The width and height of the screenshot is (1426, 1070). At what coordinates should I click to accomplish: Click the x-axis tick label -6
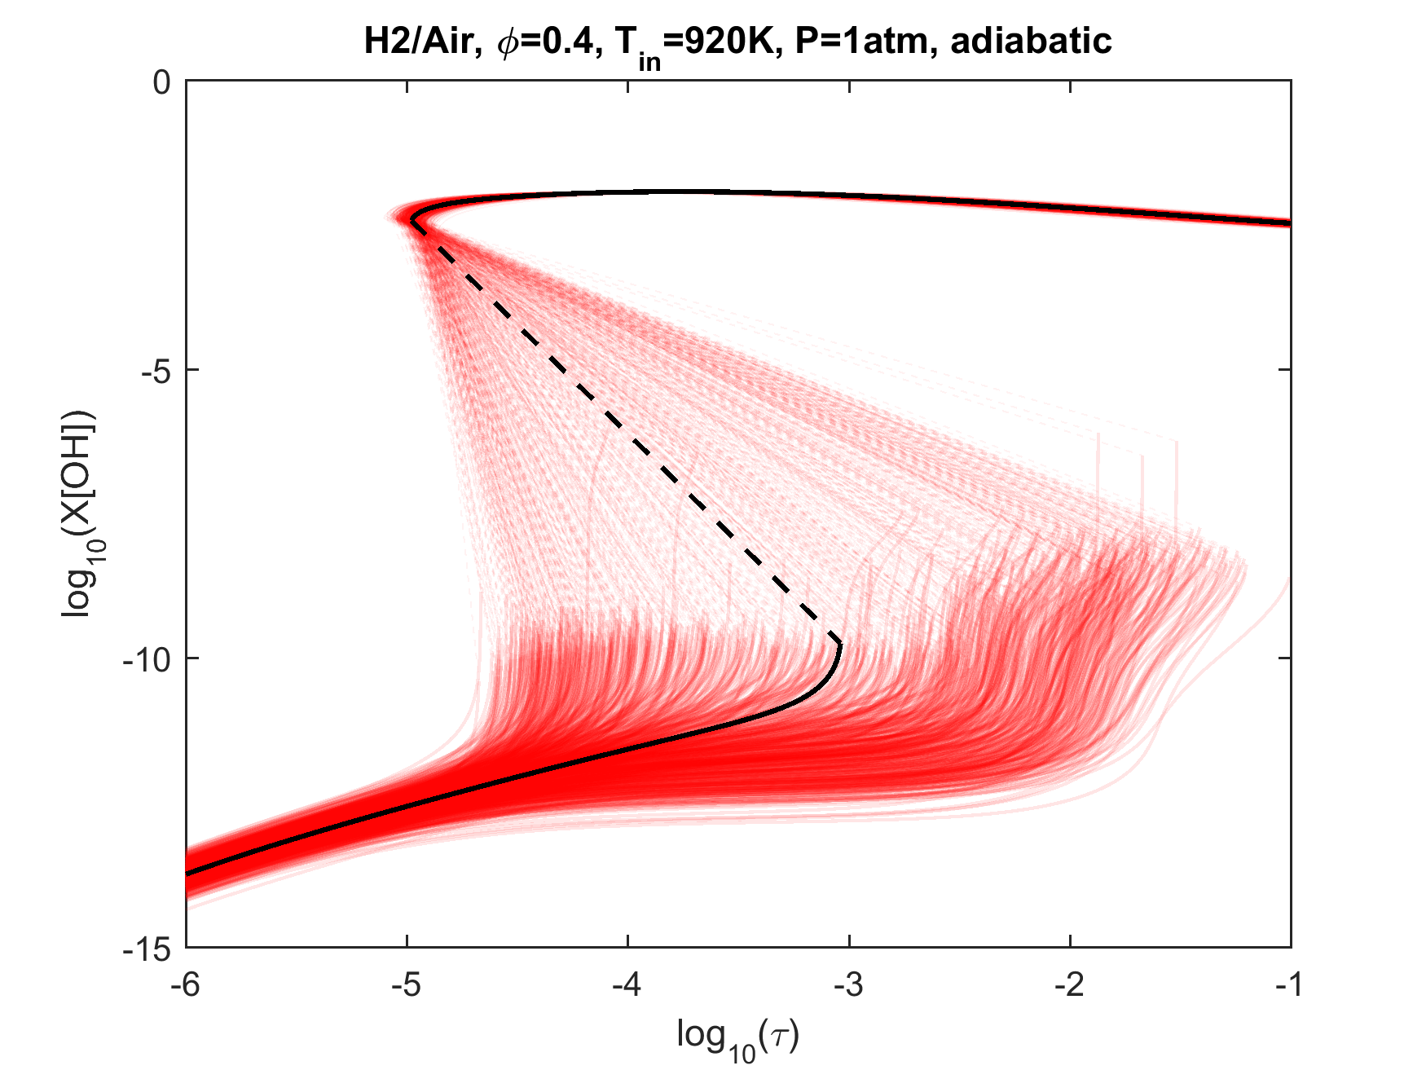(x=186, y=986)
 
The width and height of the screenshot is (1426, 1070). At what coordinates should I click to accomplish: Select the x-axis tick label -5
(x=407, y=986)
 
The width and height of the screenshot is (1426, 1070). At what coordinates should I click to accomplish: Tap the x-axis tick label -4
(x=627, y=986)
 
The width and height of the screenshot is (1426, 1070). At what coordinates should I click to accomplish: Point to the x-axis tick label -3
(x=848, y=986)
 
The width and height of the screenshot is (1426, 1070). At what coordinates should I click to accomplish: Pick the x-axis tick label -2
(x=1069, y=986)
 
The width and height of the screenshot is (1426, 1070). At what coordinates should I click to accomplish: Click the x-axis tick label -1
(x=1290, y=986)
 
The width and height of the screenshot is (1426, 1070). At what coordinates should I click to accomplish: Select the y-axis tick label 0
(x=162, y=82)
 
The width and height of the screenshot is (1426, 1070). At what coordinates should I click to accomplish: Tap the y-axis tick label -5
(x=152, y=371)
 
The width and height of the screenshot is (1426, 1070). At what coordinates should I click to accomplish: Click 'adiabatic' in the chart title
(x=1031, y=41)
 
